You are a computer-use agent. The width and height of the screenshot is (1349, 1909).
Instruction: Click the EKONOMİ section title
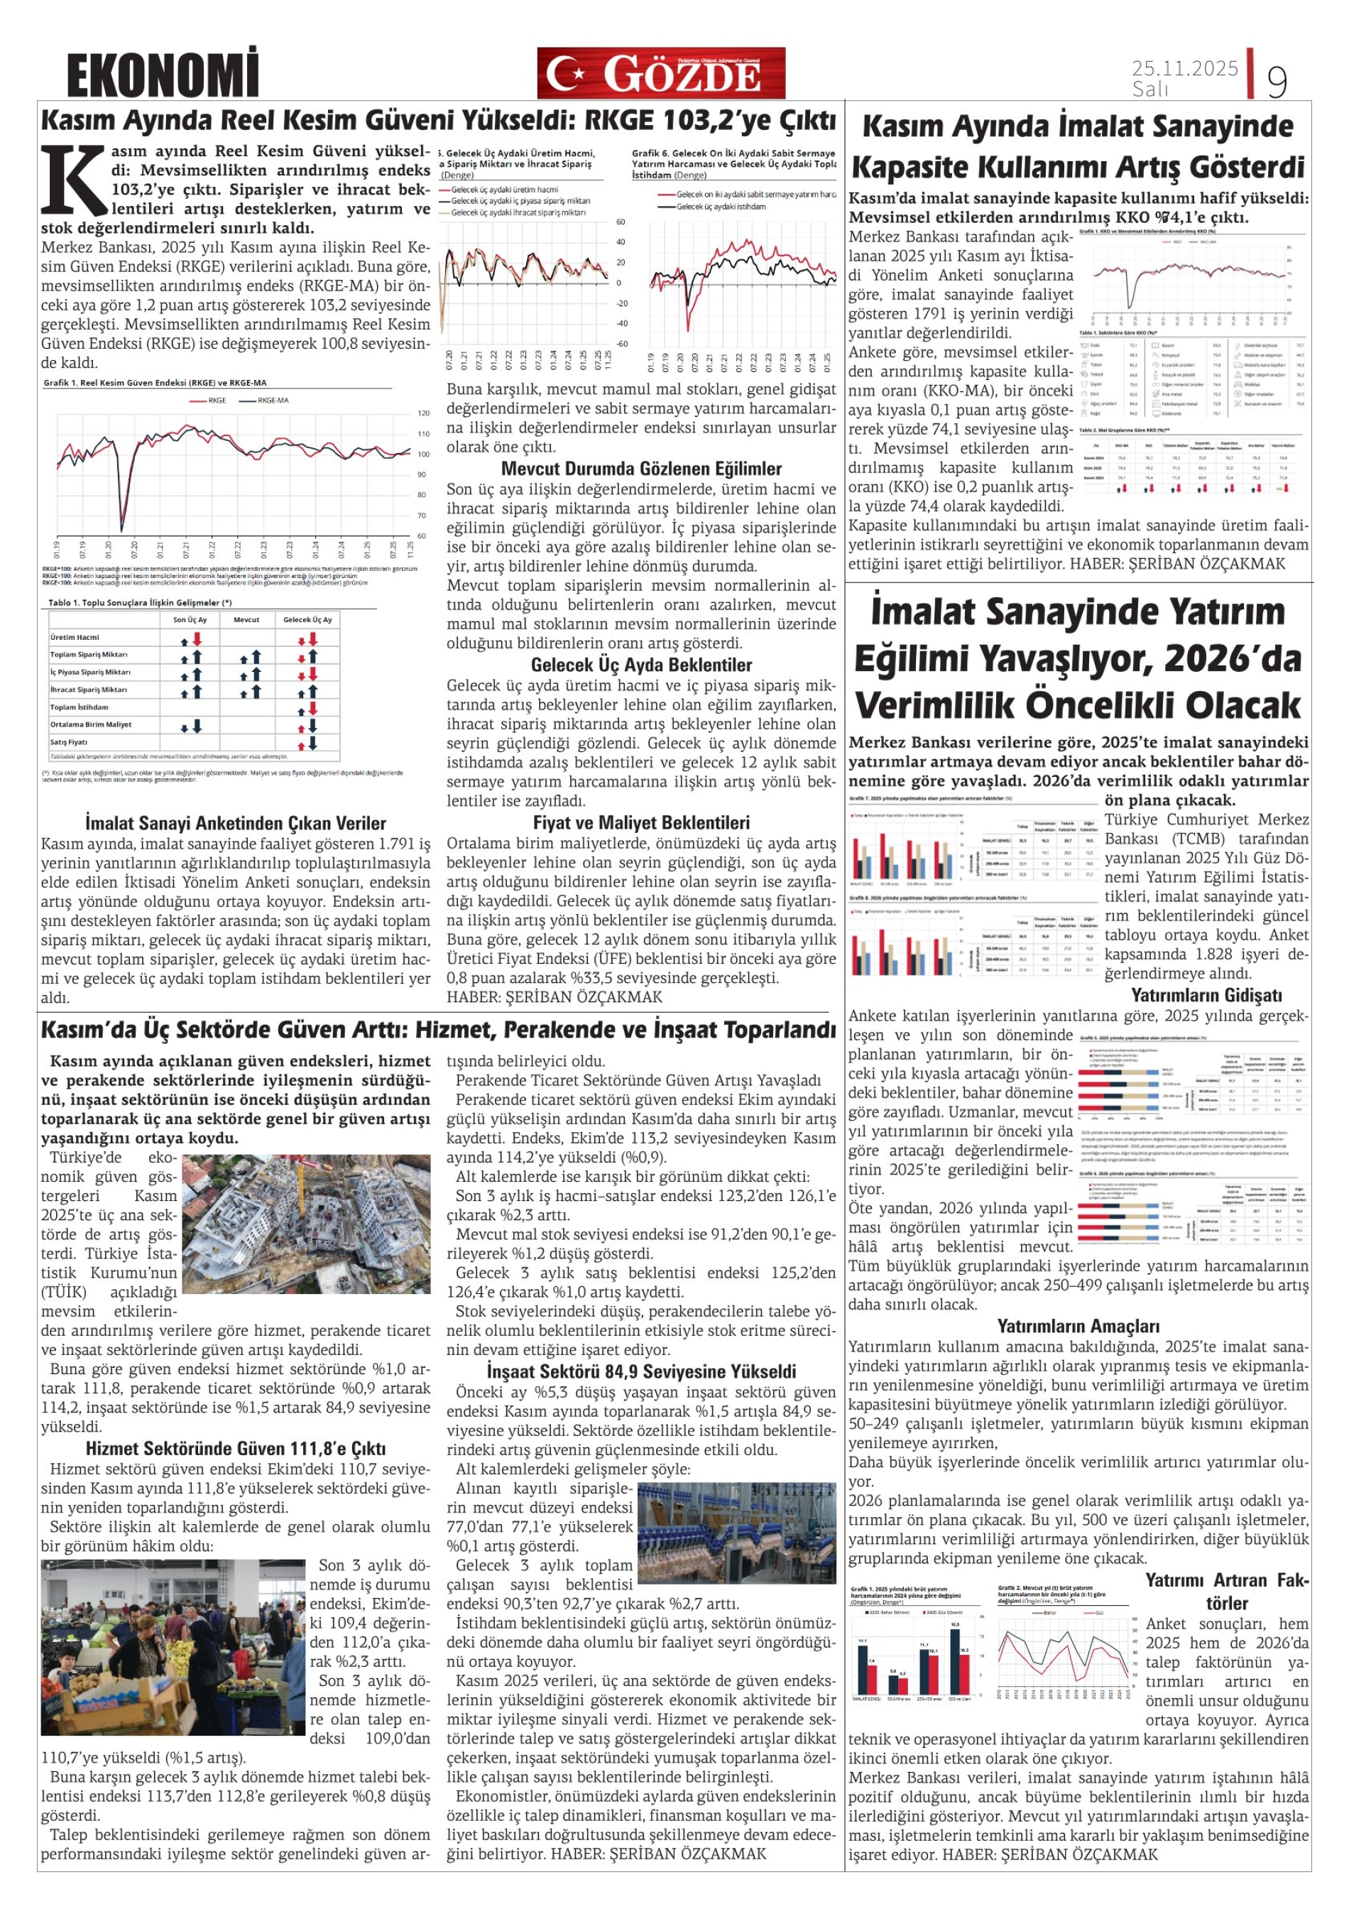click(163, 74)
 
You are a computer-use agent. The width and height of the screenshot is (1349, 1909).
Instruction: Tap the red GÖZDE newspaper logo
click(661, 73)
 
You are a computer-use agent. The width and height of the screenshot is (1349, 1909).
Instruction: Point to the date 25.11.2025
click(1184, 68)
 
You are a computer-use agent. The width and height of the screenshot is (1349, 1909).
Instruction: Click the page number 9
click(1277, 81)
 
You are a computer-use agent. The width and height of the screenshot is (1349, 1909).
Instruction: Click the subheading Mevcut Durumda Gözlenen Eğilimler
click(641, 469)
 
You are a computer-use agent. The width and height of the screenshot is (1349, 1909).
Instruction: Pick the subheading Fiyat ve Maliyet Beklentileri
click(641, 822)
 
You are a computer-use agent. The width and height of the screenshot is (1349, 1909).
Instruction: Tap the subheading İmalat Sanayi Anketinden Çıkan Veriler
click(235, 823)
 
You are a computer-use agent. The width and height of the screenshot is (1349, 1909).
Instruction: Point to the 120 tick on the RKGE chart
click(423, 413)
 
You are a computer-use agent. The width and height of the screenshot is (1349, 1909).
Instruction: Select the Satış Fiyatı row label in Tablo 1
click(69, 741)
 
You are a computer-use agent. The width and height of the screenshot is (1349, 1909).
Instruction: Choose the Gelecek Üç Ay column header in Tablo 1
click(307, 619)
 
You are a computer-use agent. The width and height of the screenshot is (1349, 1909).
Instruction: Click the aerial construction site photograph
click(306, 1223)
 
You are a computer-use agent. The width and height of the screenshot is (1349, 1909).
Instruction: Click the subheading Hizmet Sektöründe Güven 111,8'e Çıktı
click(235, 1448)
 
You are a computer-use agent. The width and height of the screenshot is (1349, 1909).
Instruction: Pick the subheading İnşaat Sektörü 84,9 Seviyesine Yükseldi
click(641, 1371)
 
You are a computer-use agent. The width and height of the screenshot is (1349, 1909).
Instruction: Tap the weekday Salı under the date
click(1150, 89)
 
